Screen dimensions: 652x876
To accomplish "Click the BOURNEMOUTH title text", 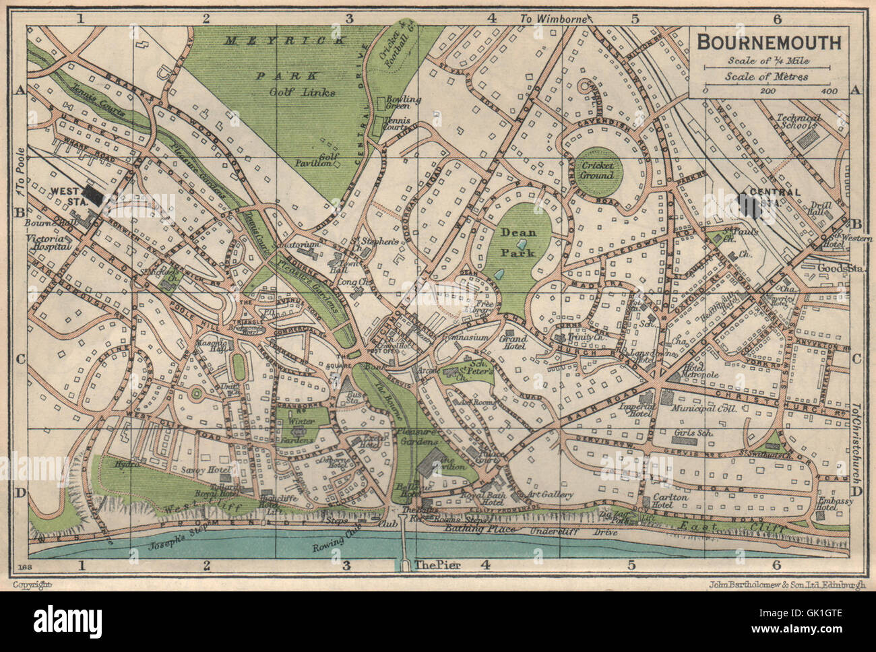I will (768, 42).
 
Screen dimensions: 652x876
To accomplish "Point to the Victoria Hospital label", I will (49, 242).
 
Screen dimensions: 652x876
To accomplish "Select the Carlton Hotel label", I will (670, 501).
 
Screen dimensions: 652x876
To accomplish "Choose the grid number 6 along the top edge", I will (777, 19).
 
